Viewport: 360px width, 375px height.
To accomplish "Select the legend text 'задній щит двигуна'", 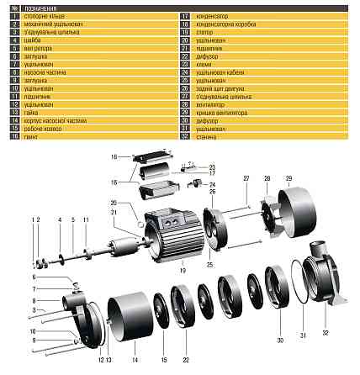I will coord(220,86).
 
